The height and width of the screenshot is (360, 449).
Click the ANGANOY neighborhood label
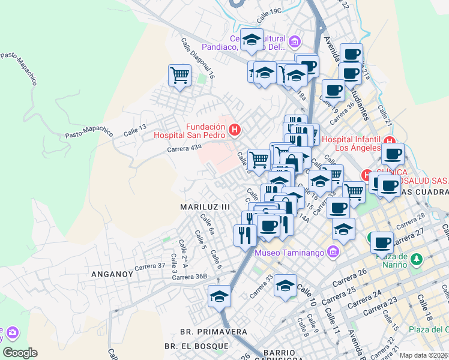(112, 274)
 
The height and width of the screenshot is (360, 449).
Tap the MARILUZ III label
(205, 206)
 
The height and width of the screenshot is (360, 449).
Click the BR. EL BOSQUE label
(196, 346)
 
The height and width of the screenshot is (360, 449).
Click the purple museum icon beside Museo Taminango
(334, 252)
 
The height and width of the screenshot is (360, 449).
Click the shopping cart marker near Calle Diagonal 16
(179, 75)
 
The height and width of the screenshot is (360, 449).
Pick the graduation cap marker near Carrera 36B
(220, 296)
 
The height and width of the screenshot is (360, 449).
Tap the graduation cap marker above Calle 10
(286, 285)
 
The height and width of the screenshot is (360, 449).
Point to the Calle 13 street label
(134, 128)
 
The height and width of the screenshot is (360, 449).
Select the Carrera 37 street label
(150, 266)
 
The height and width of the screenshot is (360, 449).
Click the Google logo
(20, 353)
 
